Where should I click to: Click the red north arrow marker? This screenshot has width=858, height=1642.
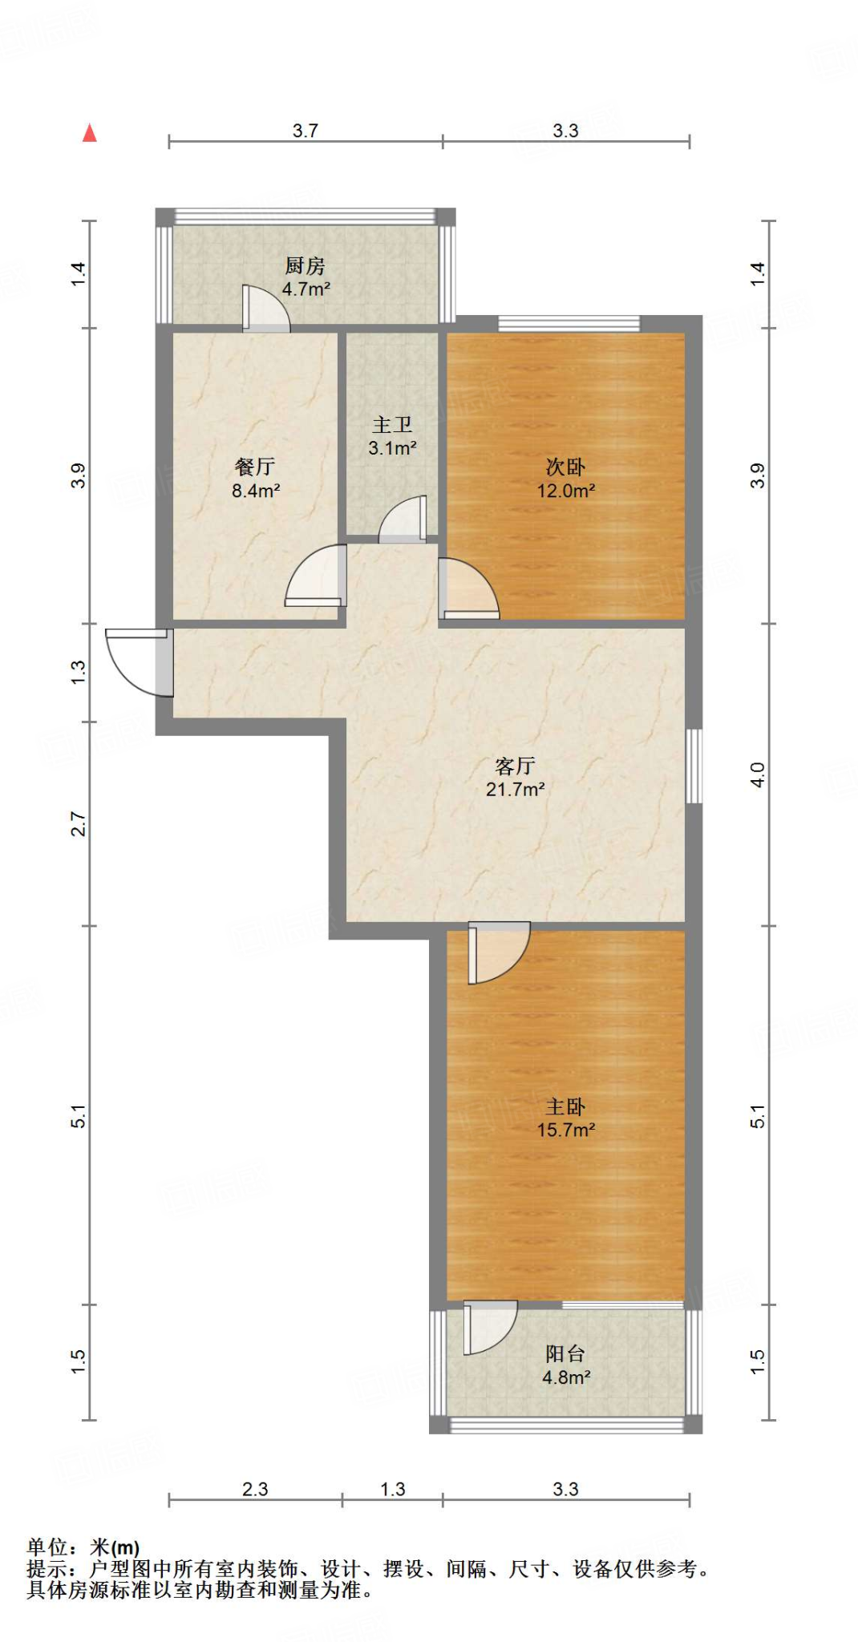tap(90, 133)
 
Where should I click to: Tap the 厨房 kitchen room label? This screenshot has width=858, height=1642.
tap(305, 265)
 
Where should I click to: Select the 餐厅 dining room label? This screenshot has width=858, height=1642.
tap(255, 467)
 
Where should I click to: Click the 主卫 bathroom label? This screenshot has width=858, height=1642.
tap(392, 425)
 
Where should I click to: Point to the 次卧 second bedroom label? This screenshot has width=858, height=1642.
tap(565, 467)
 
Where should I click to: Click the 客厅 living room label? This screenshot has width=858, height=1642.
tap(515, 766)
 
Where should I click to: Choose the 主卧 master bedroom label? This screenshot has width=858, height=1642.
tap(565, 1106)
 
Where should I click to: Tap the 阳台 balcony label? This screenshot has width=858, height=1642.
tap(565, 1353)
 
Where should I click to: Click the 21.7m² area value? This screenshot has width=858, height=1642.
tap(515, 789)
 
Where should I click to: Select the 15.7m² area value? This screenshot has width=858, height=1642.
tap(565, 1130)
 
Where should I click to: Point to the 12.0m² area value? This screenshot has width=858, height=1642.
tap(565, 491)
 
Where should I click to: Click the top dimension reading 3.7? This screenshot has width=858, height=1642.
tap(305, 131)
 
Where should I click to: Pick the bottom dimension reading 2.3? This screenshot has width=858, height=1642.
tap(255, 1489)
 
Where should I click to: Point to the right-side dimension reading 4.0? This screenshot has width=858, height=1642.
tap(758, 774)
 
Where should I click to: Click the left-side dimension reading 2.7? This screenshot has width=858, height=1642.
tap(78, 823)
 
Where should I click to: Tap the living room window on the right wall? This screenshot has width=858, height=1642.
tap(694, 766)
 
